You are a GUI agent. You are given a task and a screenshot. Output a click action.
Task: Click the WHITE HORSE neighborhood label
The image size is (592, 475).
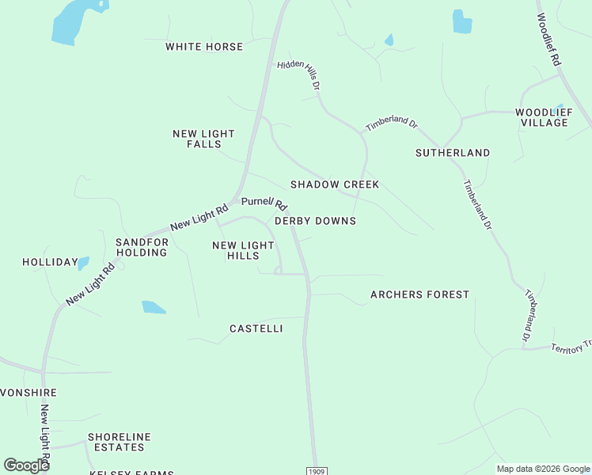204,47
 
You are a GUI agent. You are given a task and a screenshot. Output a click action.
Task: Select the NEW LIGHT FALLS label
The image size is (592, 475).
203,139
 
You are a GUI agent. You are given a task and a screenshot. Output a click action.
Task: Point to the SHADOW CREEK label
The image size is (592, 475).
335,184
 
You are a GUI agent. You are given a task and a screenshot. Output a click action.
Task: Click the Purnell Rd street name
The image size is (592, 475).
264,203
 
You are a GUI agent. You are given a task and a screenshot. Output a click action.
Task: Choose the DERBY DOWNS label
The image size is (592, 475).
315,221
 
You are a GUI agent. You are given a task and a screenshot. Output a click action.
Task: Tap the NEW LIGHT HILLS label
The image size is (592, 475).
243,251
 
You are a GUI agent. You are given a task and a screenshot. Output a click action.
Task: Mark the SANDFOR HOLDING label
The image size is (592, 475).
142,247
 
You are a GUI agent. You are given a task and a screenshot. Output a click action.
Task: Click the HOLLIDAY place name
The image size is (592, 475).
50,262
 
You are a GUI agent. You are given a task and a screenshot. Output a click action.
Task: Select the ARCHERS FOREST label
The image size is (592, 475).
419,294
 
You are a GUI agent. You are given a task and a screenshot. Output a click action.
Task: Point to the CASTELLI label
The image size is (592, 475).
256,328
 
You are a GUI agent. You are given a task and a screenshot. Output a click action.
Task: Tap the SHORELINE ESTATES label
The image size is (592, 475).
120,442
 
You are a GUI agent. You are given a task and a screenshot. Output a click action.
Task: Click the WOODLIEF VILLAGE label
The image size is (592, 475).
542,117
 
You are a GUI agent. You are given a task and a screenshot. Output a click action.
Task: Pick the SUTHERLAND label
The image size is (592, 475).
453,153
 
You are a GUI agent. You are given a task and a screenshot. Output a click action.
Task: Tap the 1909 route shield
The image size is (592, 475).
316,470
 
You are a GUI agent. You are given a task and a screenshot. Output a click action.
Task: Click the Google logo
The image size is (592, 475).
27,465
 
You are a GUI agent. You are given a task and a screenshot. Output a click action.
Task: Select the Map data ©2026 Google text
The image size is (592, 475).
543,469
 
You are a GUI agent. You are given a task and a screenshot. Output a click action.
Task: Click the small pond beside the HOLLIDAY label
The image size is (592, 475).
84,263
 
